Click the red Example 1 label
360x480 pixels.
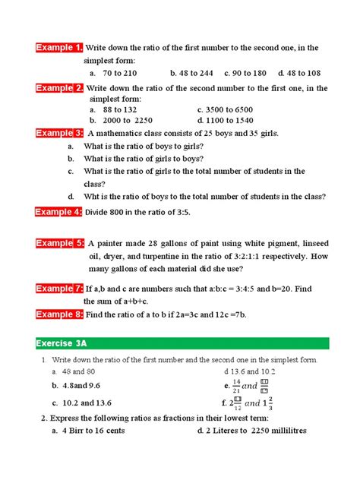coord(60,49)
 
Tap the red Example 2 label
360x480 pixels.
coord(60,88)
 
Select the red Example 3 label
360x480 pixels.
coord(60,133)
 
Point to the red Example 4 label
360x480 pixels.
coord(60,212)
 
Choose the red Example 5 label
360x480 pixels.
coord(60,243)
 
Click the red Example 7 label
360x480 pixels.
coord(60,289)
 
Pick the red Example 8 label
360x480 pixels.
coord(60,314)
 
